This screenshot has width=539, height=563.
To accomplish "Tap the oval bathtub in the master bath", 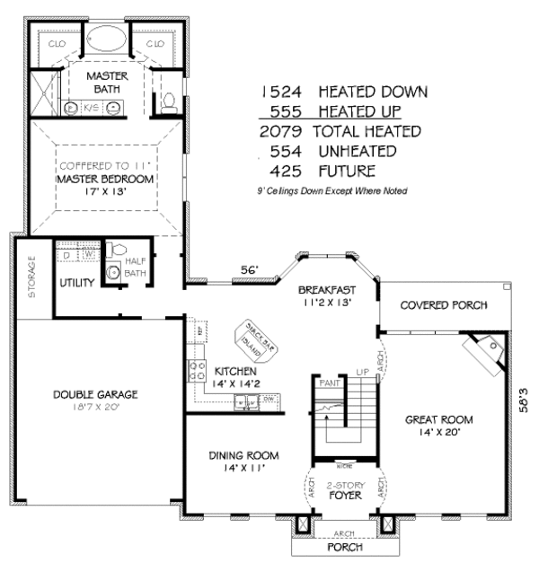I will coord(108,42).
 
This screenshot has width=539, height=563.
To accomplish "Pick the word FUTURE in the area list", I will coord(346,171).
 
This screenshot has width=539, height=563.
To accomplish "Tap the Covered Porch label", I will coord(443,305).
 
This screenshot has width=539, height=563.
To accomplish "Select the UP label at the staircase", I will coord(363,371).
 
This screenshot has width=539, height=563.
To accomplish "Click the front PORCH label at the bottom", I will coord(344,547).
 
